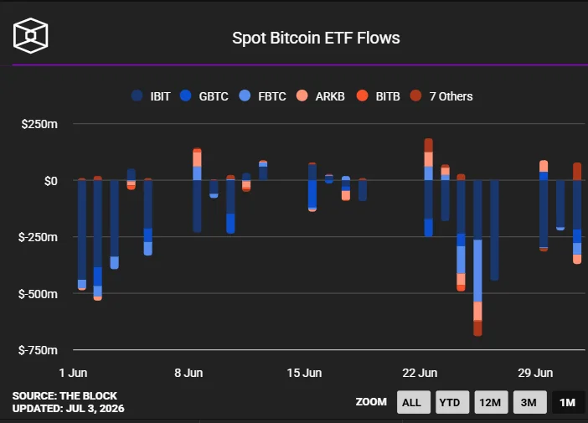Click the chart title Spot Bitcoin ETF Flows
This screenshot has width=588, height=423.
tap(316, 38)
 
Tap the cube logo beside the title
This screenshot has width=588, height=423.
tap(30, 36)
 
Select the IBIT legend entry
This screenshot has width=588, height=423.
tap(151, 96)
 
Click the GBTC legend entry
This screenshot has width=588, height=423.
tap(204, 96)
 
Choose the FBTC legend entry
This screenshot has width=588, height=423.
tap(262, 96)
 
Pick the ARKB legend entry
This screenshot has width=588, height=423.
tap(320, 96)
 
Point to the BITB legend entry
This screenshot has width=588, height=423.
tap(378, 96)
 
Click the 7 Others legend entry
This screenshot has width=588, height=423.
tap(441, 96)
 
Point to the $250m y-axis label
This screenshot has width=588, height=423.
tap(39, 124)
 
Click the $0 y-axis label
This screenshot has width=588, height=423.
tap(50, 181)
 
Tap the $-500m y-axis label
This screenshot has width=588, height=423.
tap(38, 294)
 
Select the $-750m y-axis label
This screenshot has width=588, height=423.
tap(38, 350)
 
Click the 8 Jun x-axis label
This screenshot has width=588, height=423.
tap(188, 373)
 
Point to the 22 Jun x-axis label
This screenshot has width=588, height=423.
tap(420, 373)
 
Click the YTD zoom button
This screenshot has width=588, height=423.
tap(452, 402)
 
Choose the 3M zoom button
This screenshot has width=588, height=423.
tap(529, 402)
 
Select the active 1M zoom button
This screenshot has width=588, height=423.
tap(568, 402)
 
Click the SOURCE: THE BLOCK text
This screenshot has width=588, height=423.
tap(64, 396)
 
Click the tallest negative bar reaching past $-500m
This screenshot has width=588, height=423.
tap(477, 258)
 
